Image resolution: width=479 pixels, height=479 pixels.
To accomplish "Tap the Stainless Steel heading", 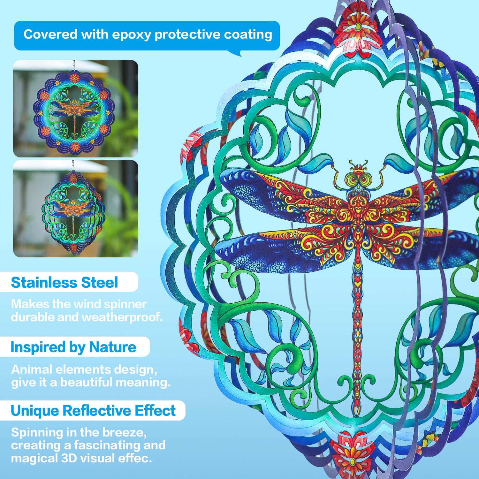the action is (65, 283).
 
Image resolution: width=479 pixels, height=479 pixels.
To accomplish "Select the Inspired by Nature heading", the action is (73, 347).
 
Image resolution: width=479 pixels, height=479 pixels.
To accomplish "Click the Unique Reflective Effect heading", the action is (93, 411).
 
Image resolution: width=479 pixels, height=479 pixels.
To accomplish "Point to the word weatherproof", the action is (122, 317).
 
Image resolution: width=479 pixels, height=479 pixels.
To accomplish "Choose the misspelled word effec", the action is (135, 459).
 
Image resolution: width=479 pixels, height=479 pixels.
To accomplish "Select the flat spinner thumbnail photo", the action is (76, 109).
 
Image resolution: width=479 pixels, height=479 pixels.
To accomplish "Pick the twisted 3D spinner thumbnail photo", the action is (76, 209).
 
